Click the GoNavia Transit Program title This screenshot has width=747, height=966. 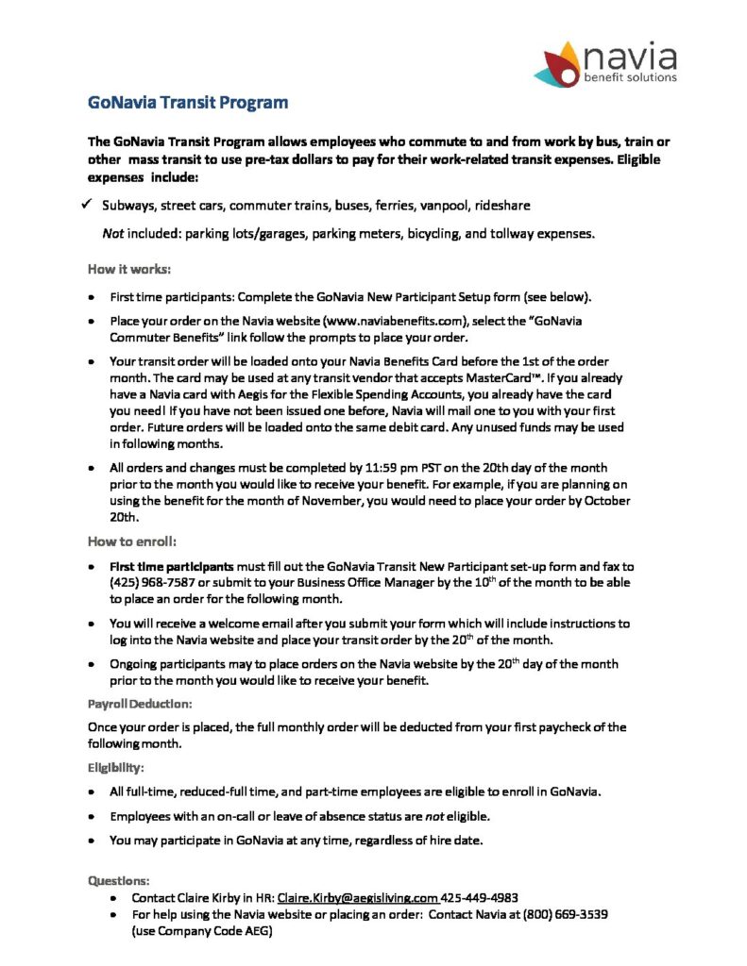(x=187, y=102)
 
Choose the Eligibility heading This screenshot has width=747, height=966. (x=115, y=768)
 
